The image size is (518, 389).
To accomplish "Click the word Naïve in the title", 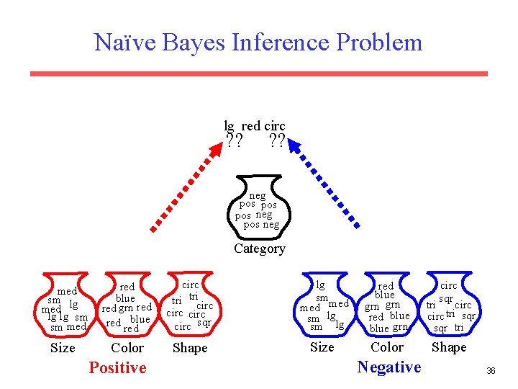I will click(124, 42).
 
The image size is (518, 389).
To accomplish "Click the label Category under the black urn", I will click(259, 249).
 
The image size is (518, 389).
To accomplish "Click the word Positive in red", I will click(117, 367).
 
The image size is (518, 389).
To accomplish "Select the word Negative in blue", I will click(389, 367).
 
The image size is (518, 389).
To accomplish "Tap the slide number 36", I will click(491, 371).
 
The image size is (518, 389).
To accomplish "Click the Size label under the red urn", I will click(63, 348).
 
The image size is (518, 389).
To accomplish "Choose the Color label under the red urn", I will click(127, 348).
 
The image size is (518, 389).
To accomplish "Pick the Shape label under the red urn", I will click(190, 348).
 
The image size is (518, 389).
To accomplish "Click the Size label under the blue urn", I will click(322, 347).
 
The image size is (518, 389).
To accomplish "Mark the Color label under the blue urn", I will click(387, 347).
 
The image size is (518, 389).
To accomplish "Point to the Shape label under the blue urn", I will click(449, 347).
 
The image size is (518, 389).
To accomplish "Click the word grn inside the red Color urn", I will click(126, 308).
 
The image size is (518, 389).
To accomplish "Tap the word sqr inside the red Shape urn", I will click(204, 323).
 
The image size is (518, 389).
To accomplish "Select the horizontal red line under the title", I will click(258, 73).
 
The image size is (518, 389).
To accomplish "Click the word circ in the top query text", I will click(275, 126).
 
